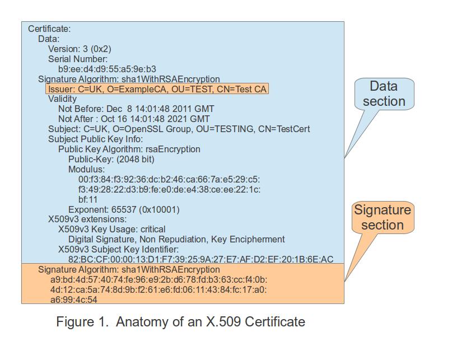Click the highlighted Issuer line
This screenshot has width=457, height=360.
(x=157, y=89)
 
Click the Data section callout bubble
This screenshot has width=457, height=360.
(x=384, y=94)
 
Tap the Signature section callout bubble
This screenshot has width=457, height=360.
(x=383, y=218)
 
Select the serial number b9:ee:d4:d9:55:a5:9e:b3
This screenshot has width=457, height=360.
(x=102, y=69)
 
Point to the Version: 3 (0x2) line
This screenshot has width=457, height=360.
(x=80, y=49)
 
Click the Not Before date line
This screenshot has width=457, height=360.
(x=136, y=109)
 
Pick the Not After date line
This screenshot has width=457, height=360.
(x=134, y=119)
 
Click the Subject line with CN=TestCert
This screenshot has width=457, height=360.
(x=179, y=129)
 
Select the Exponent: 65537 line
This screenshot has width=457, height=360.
(x=124, y=209)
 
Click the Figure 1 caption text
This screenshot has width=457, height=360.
(x=181, y=322)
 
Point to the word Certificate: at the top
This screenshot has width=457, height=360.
(x=49, y=29)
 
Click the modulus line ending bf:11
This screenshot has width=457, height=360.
(x=88, y=199)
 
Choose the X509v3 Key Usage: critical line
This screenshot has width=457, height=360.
(x=111, y=229)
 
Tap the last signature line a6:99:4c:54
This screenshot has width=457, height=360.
(x=73, y=300)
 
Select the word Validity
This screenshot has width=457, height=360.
(x=62, y=99)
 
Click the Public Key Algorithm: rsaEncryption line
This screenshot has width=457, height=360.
(x=129, y=149)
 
